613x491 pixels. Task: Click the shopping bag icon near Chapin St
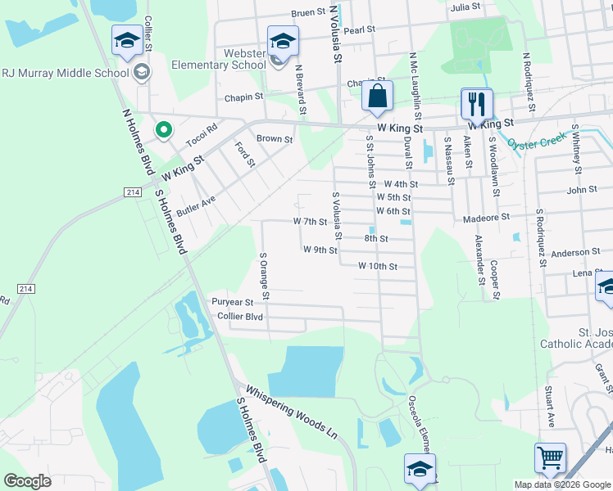pos(376,96)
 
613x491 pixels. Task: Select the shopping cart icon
pos(549,457)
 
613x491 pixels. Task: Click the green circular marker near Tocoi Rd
pos(164,129)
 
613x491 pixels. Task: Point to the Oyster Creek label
pos(537,142)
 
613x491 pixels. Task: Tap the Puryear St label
pos(233,302)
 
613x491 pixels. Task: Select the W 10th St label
pos(378,266)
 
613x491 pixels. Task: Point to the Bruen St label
pos(308,13)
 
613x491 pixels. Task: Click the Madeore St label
pos(486,218)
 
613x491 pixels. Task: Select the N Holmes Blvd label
pos(138,141)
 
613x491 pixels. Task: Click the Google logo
pos(27,480)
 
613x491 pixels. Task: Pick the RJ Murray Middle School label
pos(66,72)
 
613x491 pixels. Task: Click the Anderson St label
pos(575,253)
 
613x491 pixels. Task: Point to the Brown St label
pos(275,139)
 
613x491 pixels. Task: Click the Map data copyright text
pos(561,484)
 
